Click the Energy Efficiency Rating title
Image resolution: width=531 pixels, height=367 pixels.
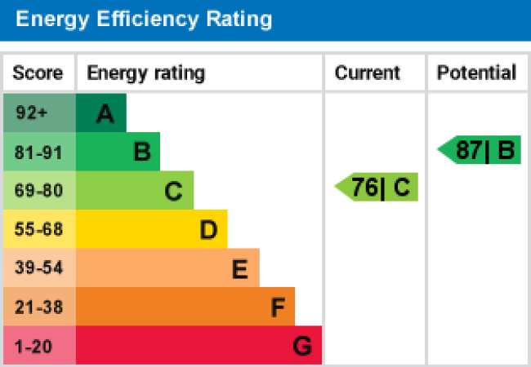click(x=144, y=19)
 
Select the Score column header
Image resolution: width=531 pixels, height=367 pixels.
click(x=38, y=73)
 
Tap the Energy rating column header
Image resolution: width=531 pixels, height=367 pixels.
click(x=146, y=73)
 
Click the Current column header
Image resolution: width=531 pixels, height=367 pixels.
click(x=368, y=73)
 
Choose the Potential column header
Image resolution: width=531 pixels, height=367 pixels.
click(x=476, y=73)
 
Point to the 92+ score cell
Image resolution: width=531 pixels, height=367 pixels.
click(x=33, y=113)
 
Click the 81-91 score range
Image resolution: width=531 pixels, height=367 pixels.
click(x=38, y=152)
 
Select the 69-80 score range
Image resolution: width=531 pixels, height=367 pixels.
click(x=38, y=191)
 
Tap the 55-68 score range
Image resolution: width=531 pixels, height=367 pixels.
click(x=38, y=230)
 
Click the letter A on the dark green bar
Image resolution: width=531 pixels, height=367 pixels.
click(x=105, y=115)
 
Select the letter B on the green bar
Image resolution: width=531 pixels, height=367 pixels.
click(x=142, y=153)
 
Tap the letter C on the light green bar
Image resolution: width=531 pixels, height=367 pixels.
click(x=173, y=192)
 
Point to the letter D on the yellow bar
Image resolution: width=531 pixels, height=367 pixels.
click(x=208, y=231)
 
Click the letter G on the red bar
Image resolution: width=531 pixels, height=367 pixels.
click(x=302, y=347)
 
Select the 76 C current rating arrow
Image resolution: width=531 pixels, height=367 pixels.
click(x=377, y=188)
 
